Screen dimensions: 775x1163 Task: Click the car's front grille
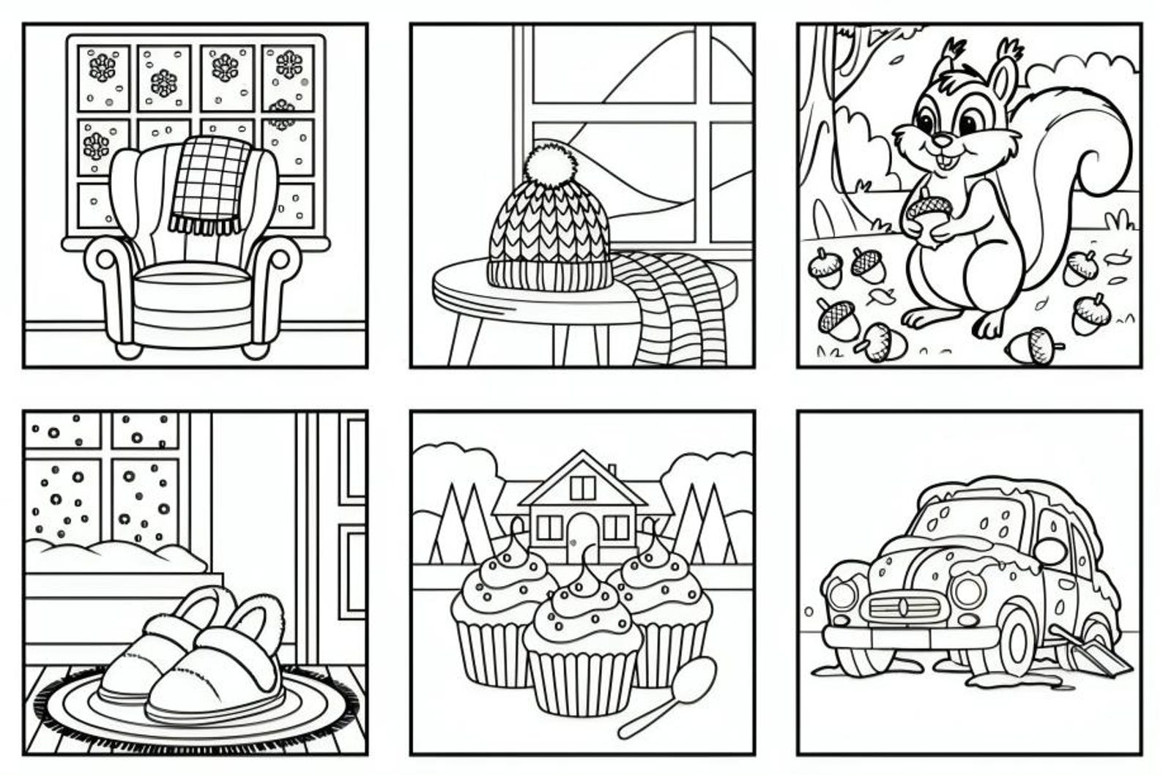point(902,608)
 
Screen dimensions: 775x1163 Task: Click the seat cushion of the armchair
point(192,278)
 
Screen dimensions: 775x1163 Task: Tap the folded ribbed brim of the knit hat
point(549,274)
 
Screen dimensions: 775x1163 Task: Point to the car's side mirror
point(1052,550)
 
